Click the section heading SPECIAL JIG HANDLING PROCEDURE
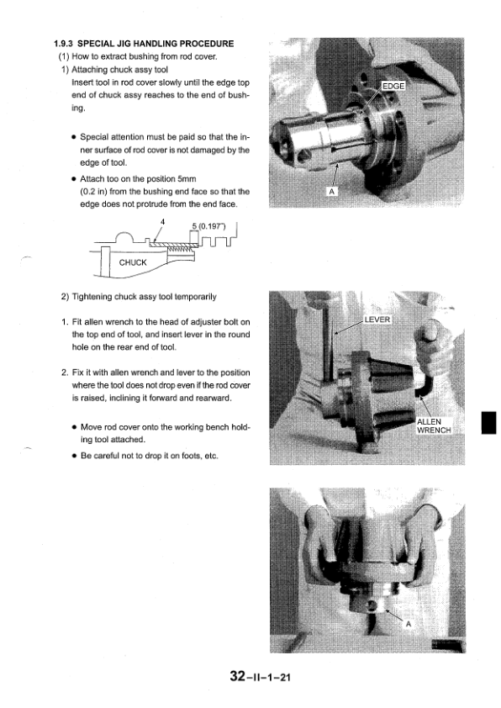point(156,44)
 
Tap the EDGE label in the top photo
point(393,87)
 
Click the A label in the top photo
point(331,192)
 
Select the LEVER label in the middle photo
point(377,320)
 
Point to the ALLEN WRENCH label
point(434,425)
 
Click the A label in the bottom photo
point(409,624)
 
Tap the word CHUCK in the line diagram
point(133,262)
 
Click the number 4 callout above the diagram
point(162,221)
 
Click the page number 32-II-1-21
point(260,676)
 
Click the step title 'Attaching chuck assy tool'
point(119,70)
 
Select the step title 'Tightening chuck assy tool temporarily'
point(144,297)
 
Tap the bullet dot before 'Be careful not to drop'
point(74,456)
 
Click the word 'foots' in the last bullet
point(191,456)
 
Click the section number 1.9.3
point(64,44)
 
